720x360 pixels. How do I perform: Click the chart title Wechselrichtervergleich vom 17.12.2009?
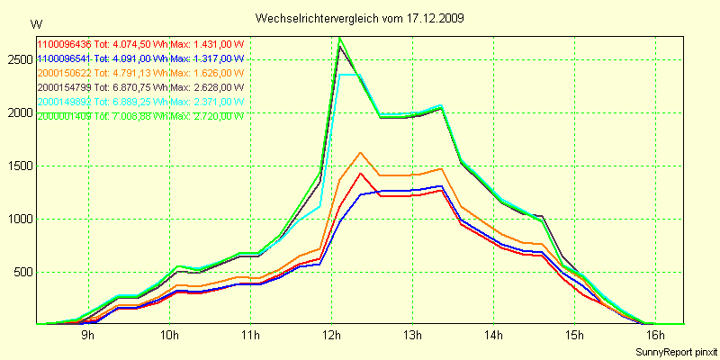click(359, 18)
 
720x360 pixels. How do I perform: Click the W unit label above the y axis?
click(35, 24)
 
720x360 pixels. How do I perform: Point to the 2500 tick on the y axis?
click(19, 59)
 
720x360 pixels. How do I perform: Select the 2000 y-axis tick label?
click(19, 112)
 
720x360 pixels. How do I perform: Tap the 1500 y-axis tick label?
click(19, 166)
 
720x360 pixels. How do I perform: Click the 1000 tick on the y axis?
click(19, 219)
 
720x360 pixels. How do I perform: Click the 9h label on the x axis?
click(88, 336)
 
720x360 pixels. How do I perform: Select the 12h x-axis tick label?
click(331, 336)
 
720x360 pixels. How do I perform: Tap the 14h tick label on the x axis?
click(493, 336)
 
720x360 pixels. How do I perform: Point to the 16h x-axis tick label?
click(655, 336)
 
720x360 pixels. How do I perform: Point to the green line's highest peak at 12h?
click(339, 38)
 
